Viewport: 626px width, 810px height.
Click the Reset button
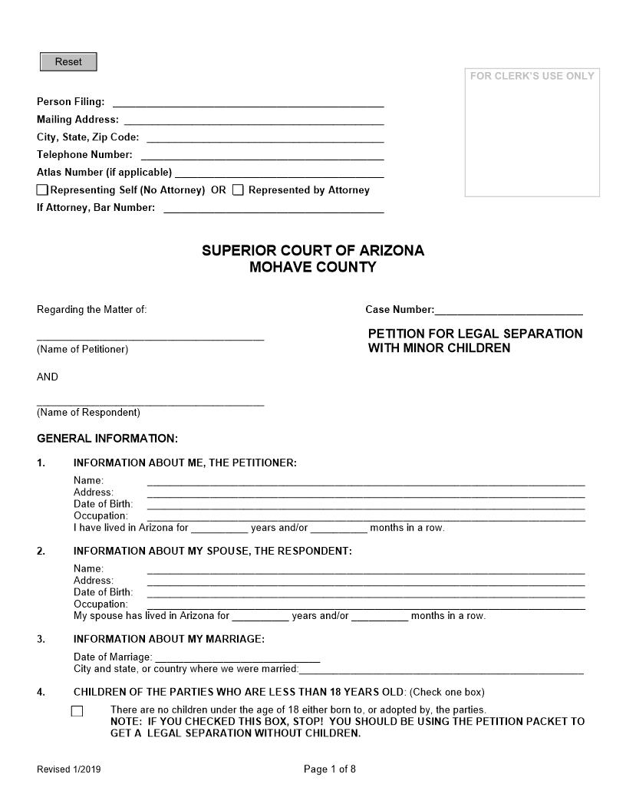[x=68, y=62]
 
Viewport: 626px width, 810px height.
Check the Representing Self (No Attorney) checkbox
[x=42, y=190]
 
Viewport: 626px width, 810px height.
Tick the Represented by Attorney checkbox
[x=238, y=190]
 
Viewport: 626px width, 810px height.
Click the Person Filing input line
[x=248, y=101]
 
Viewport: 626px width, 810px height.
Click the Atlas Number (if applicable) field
[x=279, y=172]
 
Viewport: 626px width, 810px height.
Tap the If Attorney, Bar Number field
[x=274, y=207]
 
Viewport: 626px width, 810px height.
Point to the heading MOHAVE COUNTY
[x=313, y=268]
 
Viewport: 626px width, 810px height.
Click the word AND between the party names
[x=48, y=377]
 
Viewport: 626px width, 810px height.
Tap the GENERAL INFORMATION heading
[x=107, y=439]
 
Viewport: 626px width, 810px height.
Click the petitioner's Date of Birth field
[x=366, y=504]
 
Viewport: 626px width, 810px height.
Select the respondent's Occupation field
[x=366, y=604]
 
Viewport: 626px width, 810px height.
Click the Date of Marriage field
[x=237, y=657]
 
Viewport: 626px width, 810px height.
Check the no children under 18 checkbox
[x=77, y=711]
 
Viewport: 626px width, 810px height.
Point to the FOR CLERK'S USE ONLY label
[x=532, y=76]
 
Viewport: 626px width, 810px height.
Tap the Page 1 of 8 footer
[x=330, y=769]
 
